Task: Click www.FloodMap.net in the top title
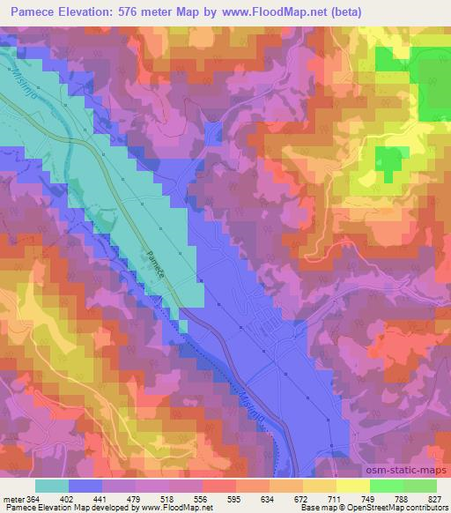coord(270,10)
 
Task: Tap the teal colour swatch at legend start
coord(52,486)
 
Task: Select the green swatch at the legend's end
coord(419,486)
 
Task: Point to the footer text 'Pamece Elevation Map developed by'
coord(54,508)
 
